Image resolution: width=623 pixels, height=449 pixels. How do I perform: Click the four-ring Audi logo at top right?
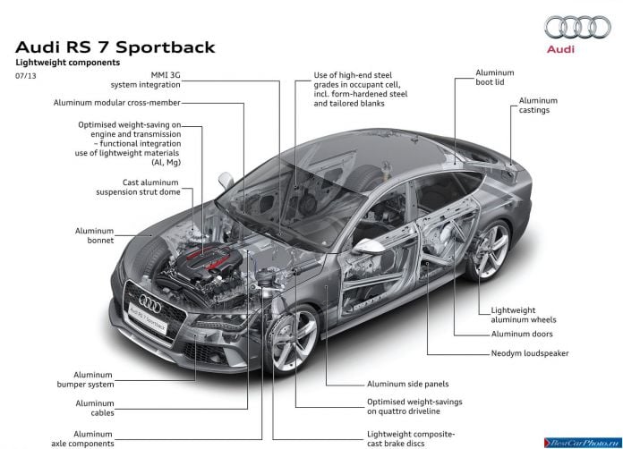pos(577,27)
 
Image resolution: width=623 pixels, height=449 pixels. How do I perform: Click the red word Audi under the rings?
pos(560,49)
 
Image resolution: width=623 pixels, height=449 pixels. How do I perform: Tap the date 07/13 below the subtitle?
pos(25,75)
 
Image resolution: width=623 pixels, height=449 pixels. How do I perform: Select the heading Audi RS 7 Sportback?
pos(115,47)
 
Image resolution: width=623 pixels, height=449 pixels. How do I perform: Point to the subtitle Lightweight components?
pos(67,63)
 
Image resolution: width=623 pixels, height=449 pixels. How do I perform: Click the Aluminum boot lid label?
pos(495,78)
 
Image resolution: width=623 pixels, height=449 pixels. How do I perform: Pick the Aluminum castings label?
pos(538,106)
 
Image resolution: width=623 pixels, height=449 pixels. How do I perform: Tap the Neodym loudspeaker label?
pos(530,353)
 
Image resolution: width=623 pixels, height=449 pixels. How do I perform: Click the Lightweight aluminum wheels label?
pos(524,315)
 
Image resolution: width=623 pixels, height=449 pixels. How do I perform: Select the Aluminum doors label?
pos(522,334)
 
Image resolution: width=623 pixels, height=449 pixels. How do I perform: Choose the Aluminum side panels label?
pos(407,384)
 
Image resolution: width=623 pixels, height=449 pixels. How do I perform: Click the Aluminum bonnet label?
pos(95,235)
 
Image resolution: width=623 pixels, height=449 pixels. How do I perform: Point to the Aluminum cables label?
pos(95,408)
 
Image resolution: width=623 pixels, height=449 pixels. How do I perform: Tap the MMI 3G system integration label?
pos(145,80)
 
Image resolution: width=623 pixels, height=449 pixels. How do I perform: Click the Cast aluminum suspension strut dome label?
pos(138,187)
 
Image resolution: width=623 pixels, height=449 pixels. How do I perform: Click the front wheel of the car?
pos(292,338)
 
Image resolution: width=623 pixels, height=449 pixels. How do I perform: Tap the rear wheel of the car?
pos(489,250)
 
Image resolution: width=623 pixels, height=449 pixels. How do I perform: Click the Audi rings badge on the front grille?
pos(149,304)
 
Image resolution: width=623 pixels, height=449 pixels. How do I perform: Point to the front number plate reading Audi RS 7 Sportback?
pos(149,318)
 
